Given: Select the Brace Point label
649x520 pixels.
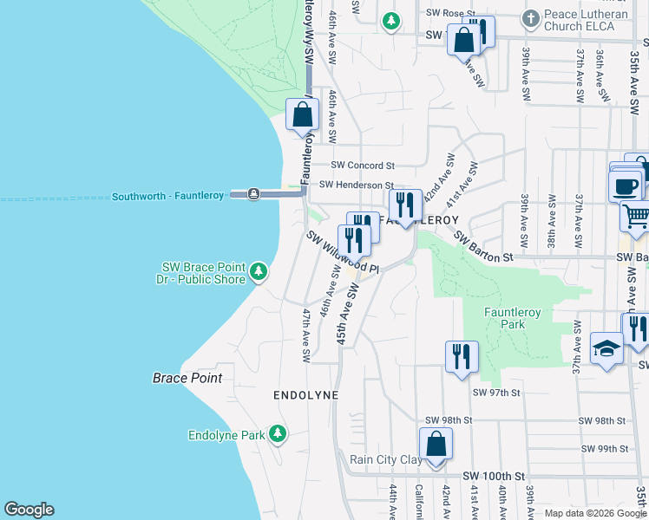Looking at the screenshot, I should click(187, 378).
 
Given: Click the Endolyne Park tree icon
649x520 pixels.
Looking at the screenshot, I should click(278, 433).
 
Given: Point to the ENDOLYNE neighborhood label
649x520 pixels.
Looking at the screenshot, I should click(305, 394).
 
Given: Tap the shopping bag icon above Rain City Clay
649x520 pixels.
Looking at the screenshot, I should click(436, 443).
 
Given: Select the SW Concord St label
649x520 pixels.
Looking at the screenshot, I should click(364, 165).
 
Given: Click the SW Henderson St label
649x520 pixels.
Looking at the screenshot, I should click(357, 185).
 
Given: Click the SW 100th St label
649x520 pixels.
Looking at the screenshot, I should click(495, 477).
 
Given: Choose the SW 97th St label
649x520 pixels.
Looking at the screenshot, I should click(495, 393).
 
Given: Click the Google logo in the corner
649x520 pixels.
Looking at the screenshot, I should click(29, 510).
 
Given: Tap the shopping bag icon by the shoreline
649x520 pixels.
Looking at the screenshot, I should click(302, 114).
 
